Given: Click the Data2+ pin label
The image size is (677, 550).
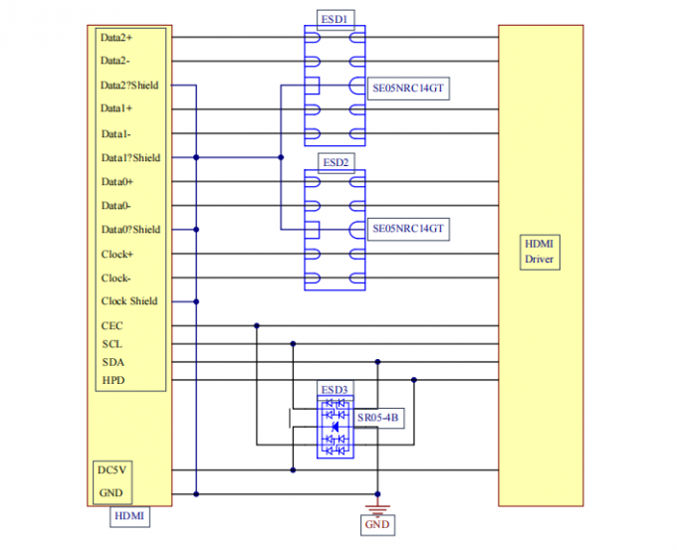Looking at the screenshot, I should pyautogui.click(x=117, y=38).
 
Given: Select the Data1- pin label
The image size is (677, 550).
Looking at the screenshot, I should pyautogui.click(x=116, y=133).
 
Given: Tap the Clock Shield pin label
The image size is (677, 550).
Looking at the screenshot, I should pyautogui.click(x=129, y=301).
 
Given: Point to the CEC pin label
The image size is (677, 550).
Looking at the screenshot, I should pyautogui.click(x=112, y=325).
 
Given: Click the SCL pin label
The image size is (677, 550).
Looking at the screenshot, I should pyautogui.click(x=112, y=344).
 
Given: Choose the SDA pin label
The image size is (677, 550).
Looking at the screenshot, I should pyautogui.click(x=112, y=362).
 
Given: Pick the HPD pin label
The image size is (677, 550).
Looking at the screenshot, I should pyautogui.click(x=113, y=380).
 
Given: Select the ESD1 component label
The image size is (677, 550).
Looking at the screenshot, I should pyautogui.click(x=334, y=19).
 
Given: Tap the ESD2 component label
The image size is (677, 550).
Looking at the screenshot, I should pyautogui.click(x=334, y=161).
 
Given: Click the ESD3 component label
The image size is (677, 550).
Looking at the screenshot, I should pyautogui.click(x=334, y=389).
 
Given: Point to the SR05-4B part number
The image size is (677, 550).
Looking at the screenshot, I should pyautogui.click(x=377, y=419).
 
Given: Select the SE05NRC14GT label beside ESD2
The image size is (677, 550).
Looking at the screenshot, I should pyautogui.click(x=407, y=229).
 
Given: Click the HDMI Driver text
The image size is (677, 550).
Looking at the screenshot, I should pyautogui.click(x=541, y=252).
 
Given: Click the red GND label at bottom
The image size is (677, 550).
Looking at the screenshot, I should pyautogui.click(x=377, y=524).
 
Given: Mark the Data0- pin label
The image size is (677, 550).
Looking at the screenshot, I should pyautogui.click(x=116, y=206).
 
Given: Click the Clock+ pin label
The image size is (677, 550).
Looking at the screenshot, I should pyautogui.click(x=116, y=254).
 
